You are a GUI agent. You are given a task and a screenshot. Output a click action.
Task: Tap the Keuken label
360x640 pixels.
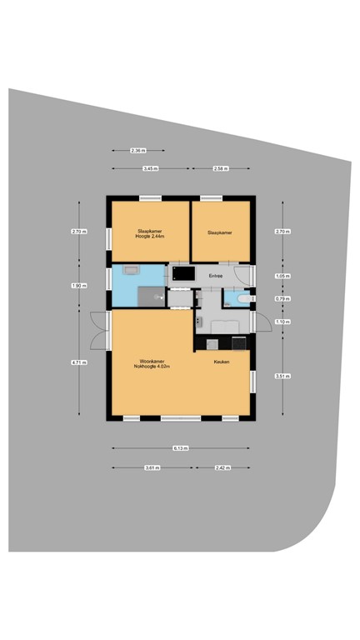[x=221, y=362]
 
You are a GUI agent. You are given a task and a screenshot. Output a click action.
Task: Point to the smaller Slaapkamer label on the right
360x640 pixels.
[x=219, y=232]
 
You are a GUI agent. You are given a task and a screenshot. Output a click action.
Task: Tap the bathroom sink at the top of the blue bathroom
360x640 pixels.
[x=130, y=271]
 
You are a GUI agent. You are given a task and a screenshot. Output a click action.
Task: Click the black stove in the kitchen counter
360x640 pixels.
[x=238, y=342]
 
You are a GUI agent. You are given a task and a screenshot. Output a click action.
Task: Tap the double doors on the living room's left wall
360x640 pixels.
[x=98, y=330]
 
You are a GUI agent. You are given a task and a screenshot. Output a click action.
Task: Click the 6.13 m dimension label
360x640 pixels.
[x=180, y=448]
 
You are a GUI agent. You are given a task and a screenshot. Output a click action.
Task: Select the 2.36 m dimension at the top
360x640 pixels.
[x=137, y=151]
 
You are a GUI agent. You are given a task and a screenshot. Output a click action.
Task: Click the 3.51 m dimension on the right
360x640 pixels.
[x=282, y=376]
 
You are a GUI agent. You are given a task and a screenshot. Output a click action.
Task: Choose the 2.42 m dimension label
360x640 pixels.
[x=222, y=467]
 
